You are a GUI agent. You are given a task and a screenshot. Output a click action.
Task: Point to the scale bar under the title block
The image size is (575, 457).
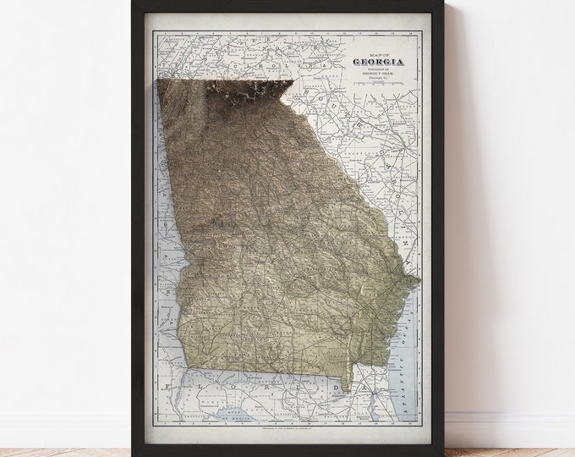(x=377, y=98)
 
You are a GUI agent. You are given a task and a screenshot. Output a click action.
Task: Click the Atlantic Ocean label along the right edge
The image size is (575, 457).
(x=414, y=339)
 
